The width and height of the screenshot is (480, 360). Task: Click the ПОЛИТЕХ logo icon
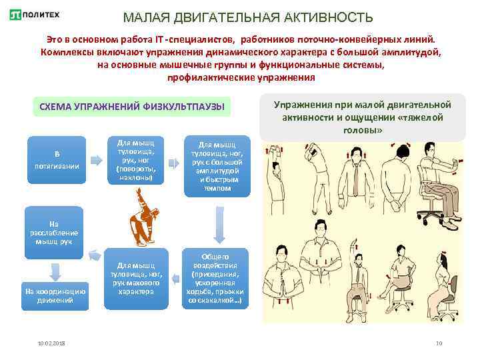click(x=15, y=15)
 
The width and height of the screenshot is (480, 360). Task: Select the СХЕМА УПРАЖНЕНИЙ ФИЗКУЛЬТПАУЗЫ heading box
click(x=132, y=106)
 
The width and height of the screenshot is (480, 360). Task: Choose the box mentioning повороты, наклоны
click(x=135, y=161)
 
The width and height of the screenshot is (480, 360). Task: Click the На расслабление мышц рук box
click(x=53, y=228)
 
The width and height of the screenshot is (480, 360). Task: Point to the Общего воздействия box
click(x=215, y=279)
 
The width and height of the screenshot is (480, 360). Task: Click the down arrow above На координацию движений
click(x=54, y=271)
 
